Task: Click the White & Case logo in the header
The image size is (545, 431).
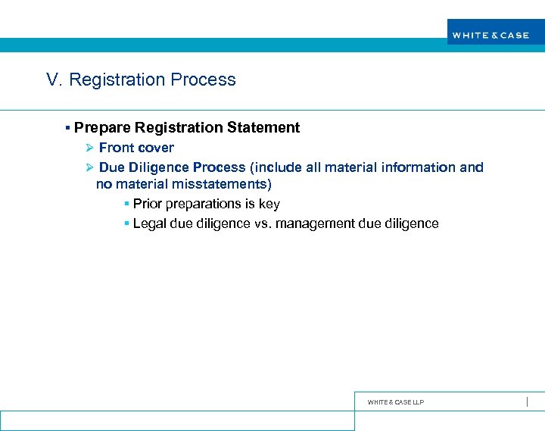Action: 490,35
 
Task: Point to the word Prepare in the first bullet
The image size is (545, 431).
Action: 102,128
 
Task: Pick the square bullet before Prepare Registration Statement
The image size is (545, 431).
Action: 68,128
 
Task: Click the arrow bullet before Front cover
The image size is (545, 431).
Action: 89,148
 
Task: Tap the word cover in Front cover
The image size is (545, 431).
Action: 156,148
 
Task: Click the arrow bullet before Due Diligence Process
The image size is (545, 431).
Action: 89,167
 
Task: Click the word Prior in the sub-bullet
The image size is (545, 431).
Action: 148,204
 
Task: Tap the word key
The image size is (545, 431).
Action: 269,204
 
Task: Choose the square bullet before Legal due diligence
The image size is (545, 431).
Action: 126,223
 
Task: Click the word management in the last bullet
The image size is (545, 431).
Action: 317,223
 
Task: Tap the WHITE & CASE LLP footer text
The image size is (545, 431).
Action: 395,402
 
